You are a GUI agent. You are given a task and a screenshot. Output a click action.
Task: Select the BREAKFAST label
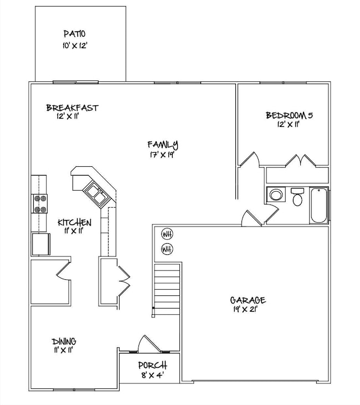72,108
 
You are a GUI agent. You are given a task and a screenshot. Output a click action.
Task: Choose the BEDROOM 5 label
290,115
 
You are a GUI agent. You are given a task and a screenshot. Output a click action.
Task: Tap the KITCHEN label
75,222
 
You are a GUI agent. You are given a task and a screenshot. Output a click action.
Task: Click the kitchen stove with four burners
41,203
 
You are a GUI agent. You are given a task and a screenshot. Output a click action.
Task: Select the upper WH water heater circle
167,233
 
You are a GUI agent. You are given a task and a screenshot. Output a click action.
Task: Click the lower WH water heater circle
167,249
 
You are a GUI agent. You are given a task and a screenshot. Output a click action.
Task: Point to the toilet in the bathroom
298,197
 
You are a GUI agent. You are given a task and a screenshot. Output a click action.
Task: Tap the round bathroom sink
275,195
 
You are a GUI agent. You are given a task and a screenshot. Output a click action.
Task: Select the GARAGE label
248,300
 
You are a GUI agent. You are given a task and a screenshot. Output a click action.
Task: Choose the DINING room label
64,341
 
